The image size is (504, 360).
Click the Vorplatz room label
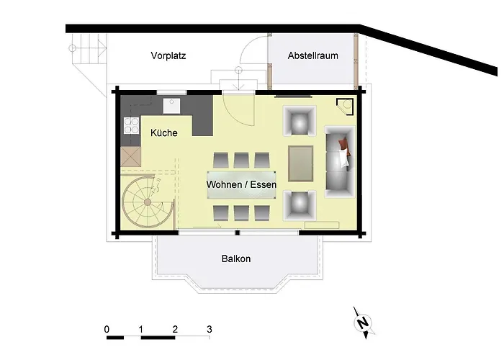(168, 55)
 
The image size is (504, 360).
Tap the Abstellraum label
(312, 55)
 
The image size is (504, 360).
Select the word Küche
(164, 132)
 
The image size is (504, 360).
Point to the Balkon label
(236, 258)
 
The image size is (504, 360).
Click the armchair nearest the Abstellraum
(299, 120)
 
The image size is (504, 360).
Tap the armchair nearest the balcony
(299, 205)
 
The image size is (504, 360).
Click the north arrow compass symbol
(364, 322)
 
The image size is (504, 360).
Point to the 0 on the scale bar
(107, 329)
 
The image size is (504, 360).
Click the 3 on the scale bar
(209, 329)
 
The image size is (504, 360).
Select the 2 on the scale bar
(175, 329)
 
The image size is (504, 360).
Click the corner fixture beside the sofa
(347, 106)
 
